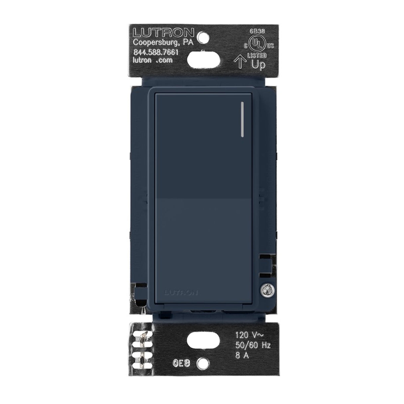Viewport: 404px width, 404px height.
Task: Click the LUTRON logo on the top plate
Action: pyautogui.click(x=163, y=33)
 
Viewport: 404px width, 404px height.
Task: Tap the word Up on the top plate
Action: pyautogui.click(x=259, y=65)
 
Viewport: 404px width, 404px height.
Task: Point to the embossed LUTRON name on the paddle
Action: pyautogui.click(x=181, y=293)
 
